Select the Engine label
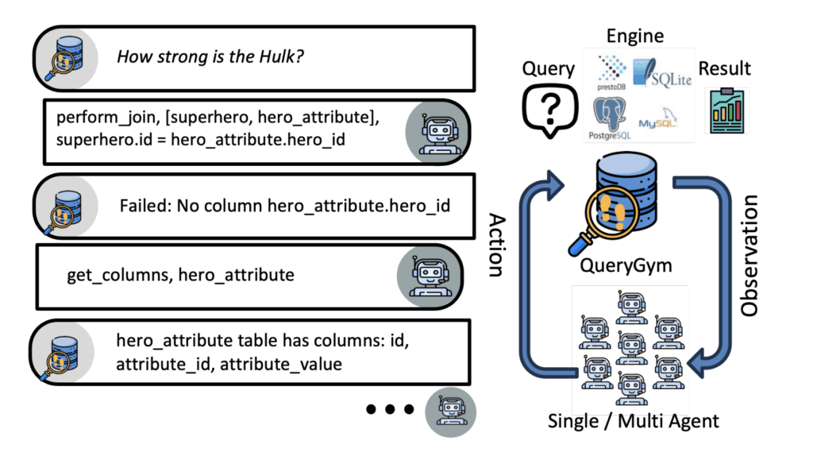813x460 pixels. (x=635, y=36)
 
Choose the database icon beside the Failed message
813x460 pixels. (x=64, y=207)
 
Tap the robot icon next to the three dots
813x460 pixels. (x=450, y=410)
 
